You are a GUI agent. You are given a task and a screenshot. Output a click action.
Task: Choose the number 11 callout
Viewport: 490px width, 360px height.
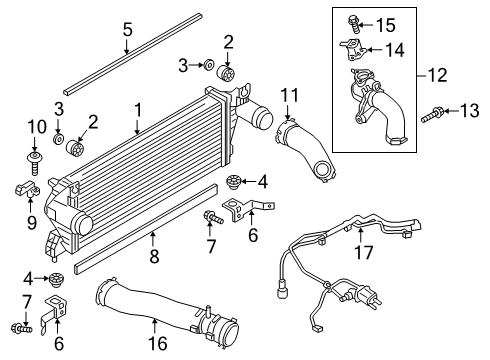click(290, 95)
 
